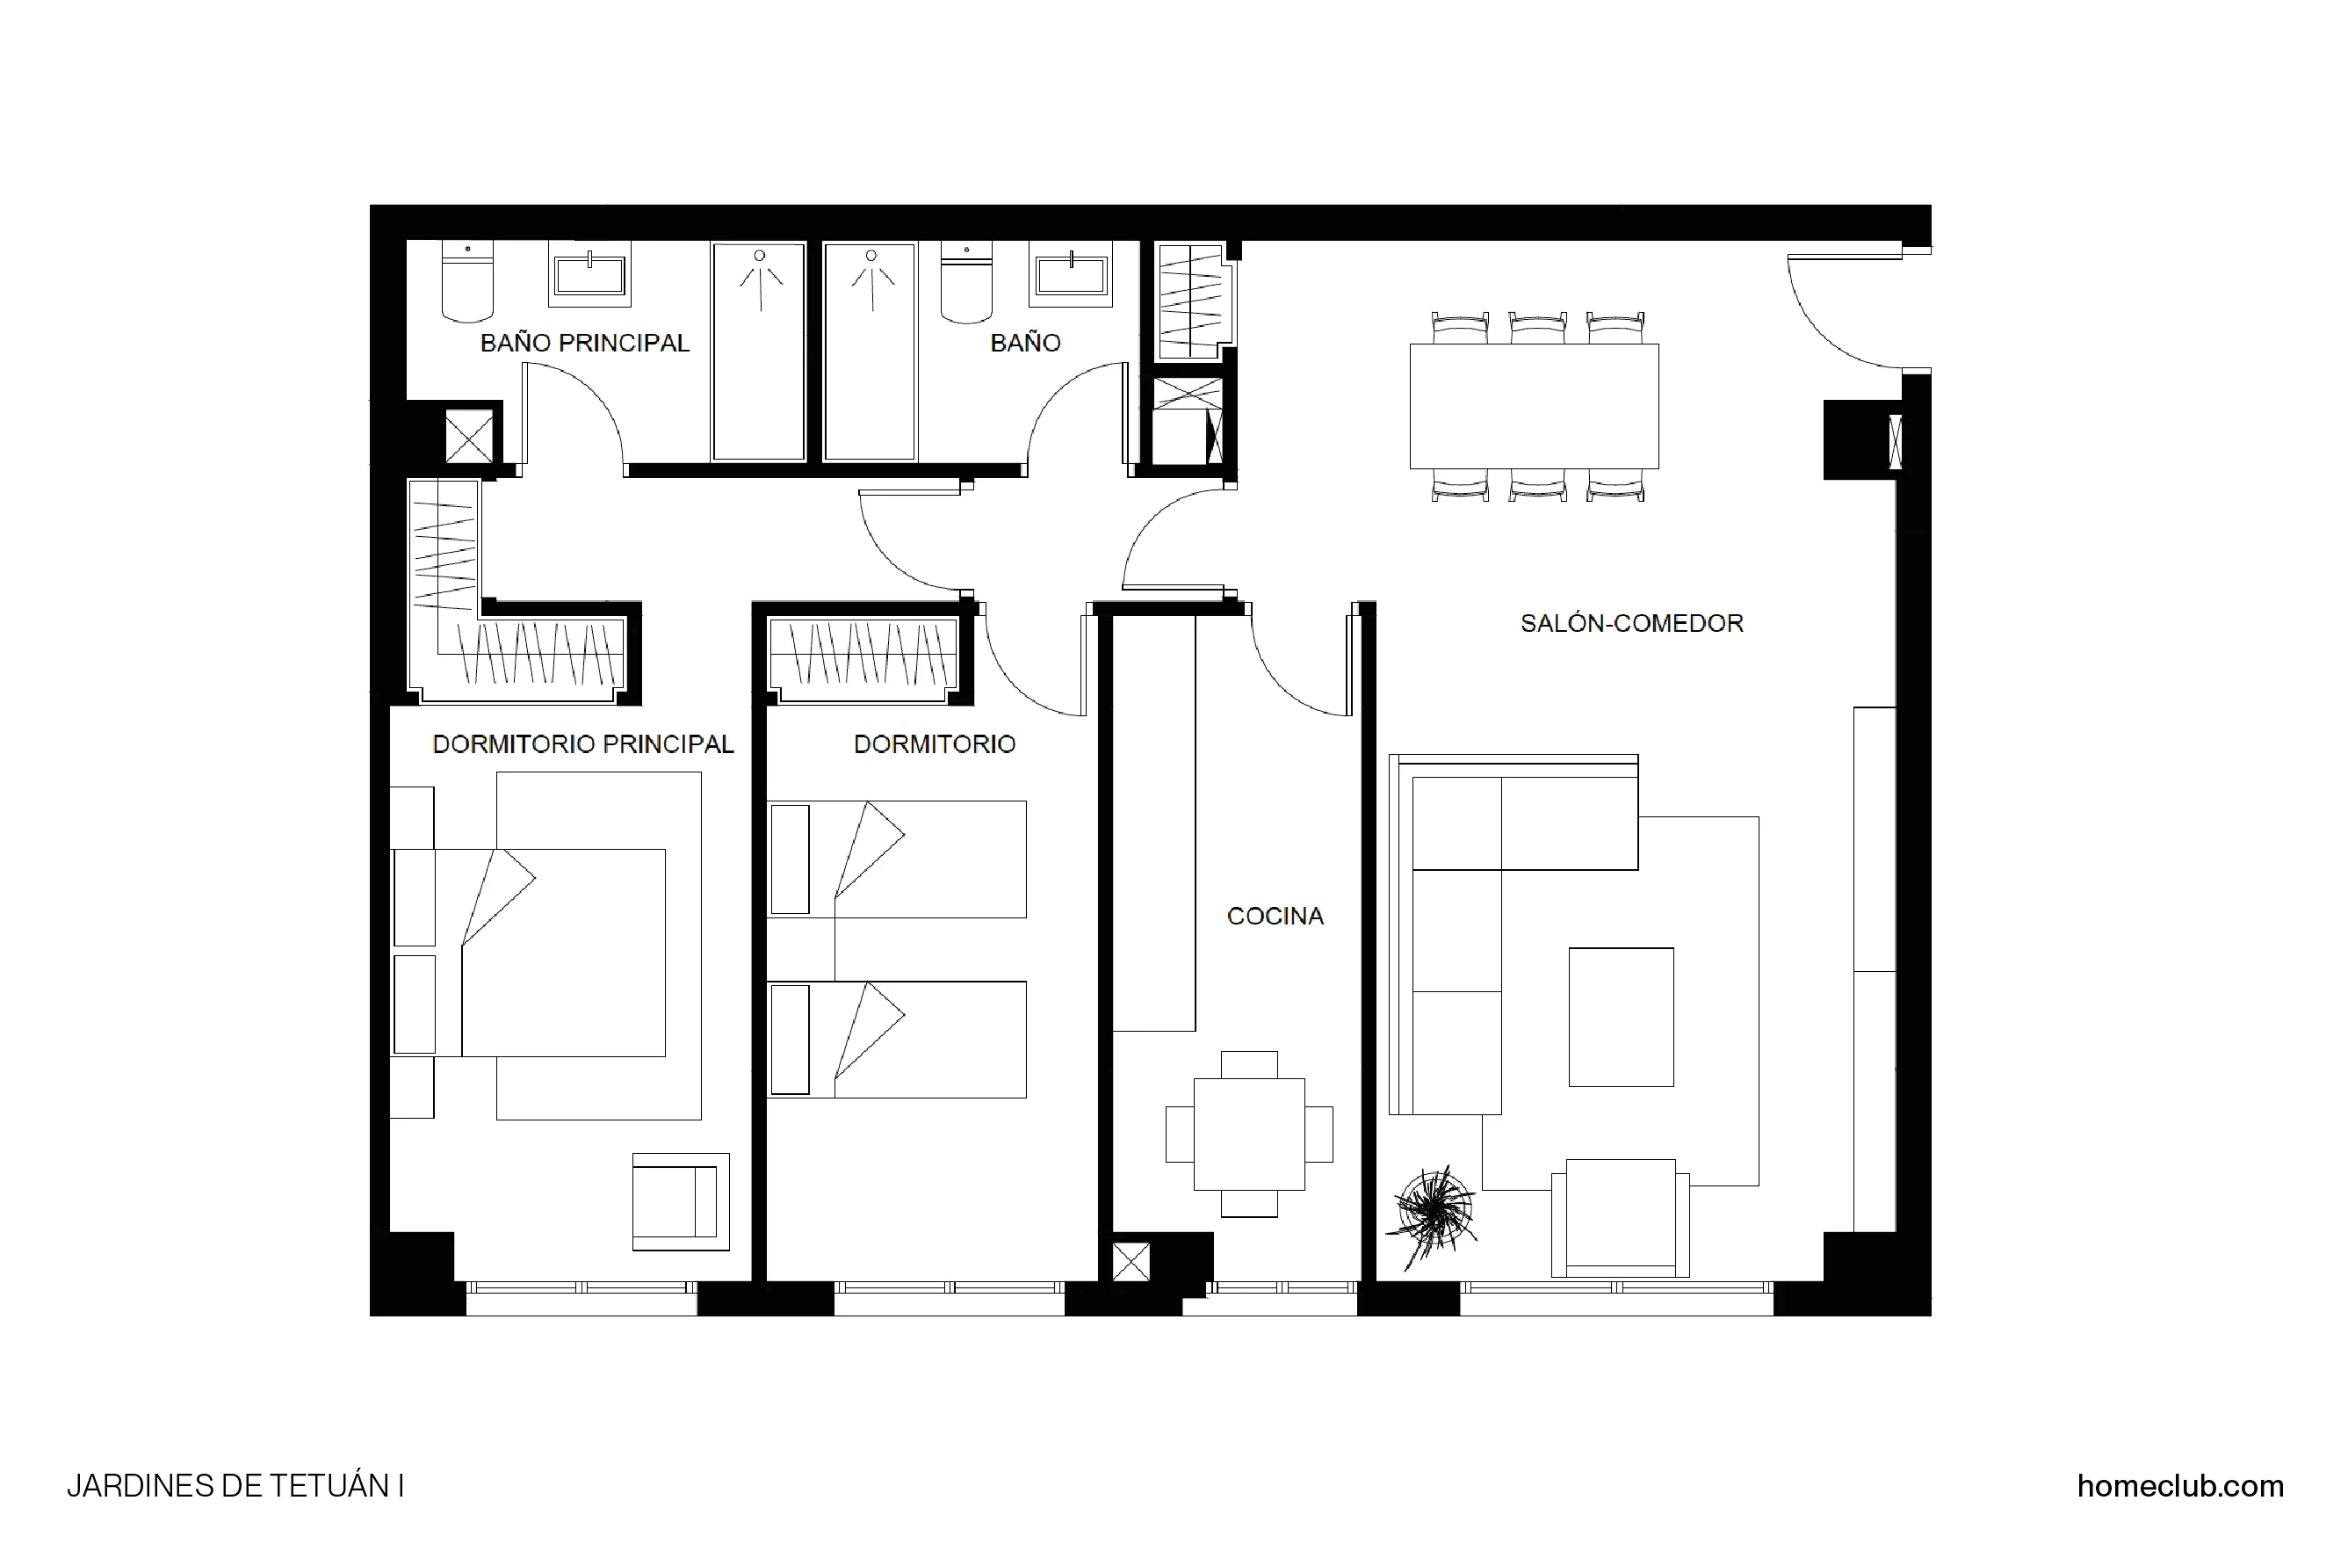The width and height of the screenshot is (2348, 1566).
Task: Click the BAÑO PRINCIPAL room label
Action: coord(584,343)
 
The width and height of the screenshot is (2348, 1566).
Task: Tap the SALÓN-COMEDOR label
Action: coord(1630,623)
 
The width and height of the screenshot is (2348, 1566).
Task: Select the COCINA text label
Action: coord(1274,916)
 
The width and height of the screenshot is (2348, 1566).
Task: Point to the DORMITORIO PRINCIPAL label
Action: coord(582,744)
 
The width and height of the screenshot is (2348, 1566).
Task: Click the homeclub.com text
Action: coord(2179,1485)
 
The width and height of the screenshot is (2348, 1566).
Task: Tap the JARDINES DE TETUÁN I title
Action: coord(235,1486)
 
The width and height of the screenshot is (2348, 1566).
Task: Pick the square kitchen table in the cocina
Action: coord(1248,1134)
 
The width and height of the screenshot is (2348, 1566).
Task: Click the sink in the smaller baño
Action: coord(1070,276)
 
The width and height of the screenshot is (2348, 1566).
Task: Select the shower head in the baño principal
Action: coord(760,257)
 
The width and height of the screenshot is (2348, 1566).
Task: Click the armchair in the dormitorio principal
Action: coord(679,1201)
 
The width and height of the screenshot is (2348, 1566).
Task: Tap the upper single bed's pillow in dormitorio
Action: coord(790,859)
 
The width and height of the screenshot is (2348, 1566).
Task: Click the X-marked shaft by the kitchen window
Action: coord(1130,1261)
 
